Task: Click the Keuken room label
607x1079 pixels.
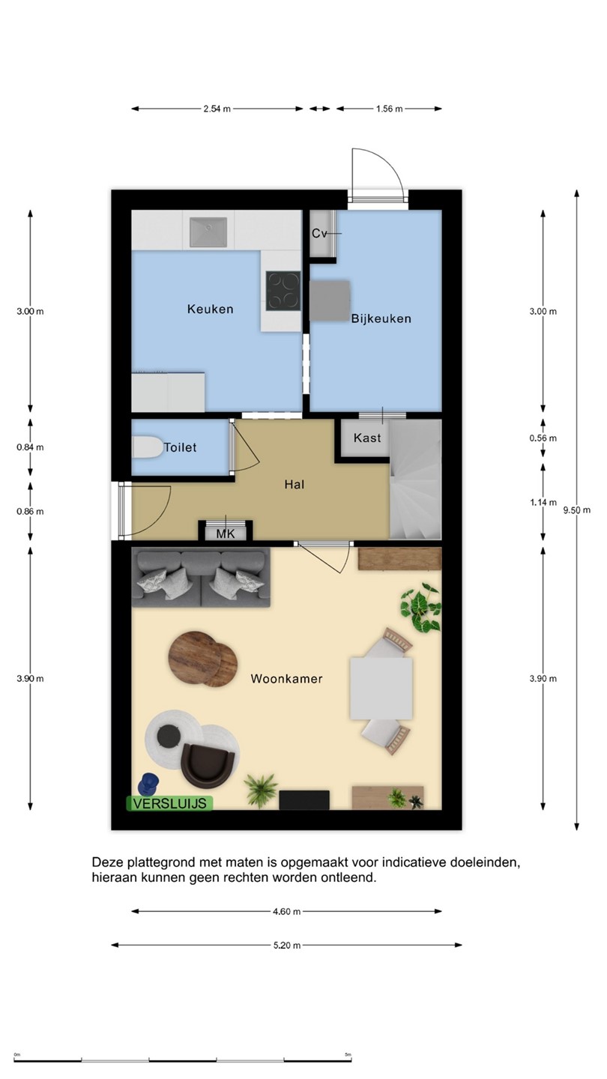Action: coord(210,309)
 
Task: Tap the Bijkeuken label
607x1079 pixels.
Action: coord(381,318)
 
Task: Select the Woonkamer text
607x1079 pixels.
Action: coord(286,679)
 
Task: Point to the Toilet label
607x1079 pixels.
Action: coord(180,447)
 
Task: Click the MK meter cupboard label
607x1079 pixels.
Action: coord(226,534)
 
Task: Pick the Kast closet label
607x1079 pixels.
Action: coord(367,438)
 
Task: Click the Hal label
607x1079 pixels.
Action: coord(295,484)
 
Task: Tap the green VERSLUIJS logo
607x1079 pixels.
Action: coord(169,803)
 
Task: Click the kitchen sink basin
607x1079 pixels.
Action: coord(208,232)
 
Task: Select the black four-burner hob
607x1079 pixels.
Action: coord(283,291)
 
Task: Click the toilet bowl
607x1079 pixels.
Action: coord(148,447)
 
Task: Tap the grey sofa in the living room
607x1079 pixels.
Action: coord(201,578)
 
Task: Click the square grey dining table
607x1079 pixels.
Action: coord(381,689)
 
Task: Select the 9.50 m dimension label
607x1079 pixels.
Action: coord(577,510)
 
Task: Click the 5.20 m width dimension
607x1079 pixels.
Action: coord(287,946)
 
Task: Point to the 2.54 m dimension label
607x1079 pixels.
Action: coord(217,109)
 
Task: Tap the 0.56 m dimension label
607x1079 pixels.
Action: coord(543,438)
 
